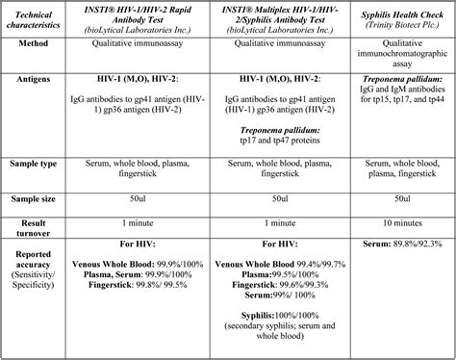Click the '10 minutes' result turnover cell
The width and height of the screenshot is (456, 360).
coord(402,219)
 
